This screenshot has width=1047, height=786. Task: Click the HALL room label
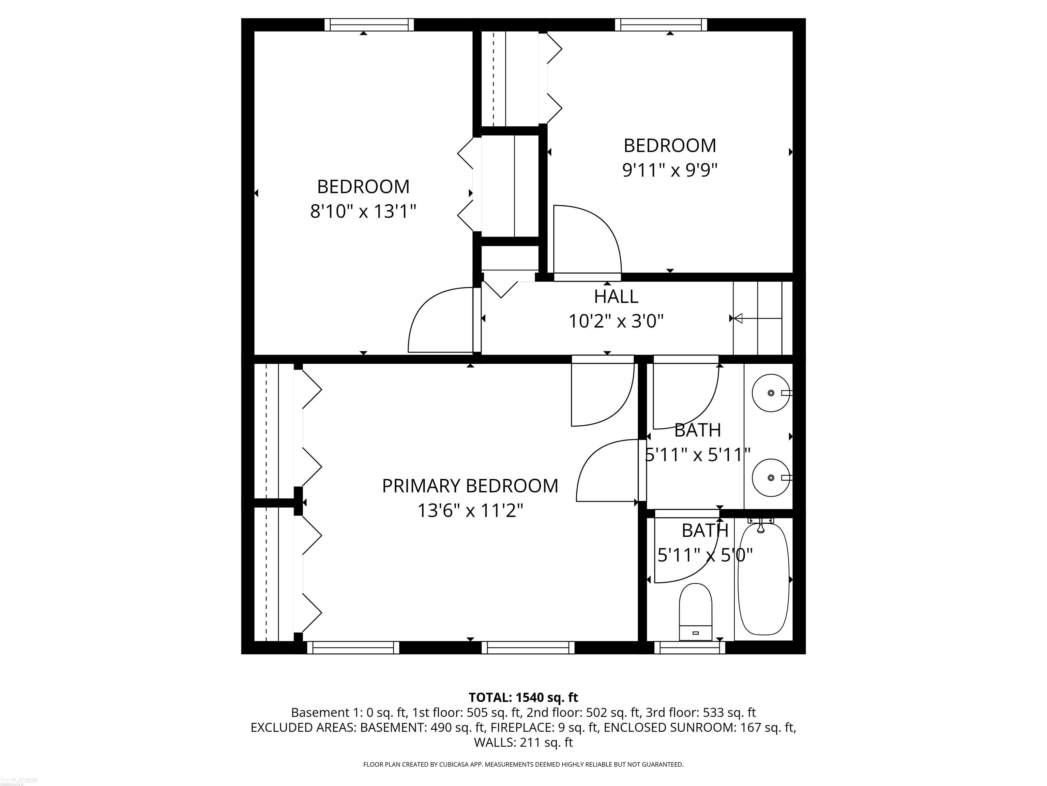click(616, 296)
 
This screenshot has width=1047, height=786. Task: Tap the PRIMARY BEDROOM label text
click(470, 486)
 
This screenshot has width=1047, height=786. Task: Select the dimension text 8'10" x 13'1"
click(363, 211)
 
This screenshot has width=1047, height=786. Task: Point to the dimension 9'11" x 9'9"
click(670, 170)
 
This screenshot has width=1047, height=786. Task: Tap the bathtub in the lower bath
click(763, 579)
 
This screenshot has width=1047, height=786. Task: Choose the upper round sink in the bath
click(771, 393)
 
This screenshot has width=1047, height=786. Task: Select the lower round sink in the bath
click(771, 478)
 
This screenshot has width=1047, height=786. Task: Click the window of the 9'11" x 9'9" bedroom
click(661, 25)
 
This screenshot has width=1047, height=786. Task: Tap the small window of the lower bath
click(689, 647)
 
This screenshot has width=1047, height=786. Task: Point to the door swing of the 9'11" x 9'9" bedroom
click(587, 239)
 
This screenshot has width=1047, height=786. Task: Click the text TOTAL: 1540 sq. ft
click(523, 697)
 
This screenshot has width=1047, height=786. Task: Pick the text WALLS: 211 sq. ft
click(523, 742)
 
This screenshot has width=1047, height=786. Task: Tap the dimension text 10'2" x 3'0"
click(616, 322)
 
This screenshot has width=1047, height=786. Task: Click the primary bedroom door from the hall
click(602, 391)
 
